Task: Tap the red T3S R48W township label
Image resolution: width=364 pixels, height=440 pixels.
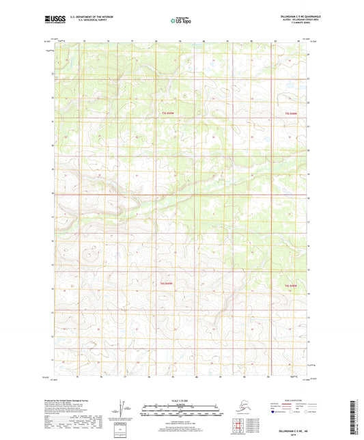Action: click(291, 112)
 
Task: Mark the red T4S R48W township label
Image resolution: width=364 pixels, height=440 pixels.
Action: click(291, 285)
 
